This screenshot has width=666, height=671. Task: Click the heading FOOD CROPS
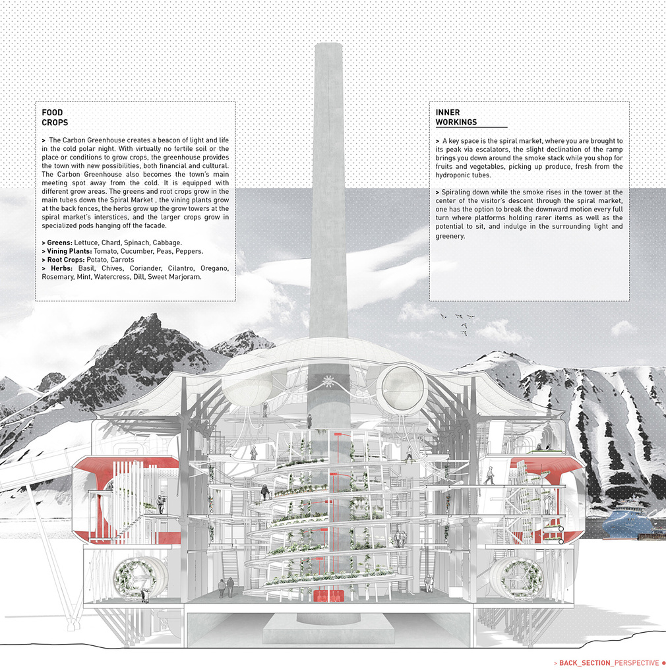pyautogui.click(x=55, y=118)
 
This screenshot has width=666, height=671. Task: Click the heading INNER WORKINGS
pyautogui.click(x=456, y=117)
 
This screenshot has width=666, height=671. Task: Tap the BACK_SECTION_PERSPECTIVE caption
pyautogui.click(x=609, y=663)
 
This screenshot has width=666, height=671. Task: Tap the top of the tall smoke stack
pyautogui.click(x=328, y=45)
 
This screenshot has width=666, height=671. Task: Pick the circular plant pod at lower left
pyautogui.click(x=136, y=578)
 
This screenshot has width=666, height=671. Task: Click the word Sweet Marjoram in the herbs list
pyautogui.click(x=174, y=277)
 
